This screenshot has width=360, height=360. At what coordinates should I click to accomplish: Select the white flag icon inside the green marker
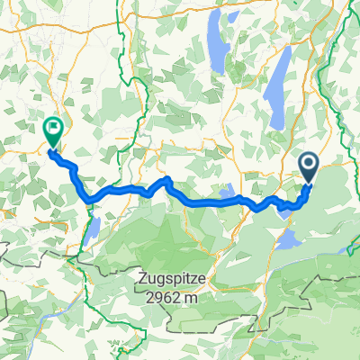[x=53, y=128]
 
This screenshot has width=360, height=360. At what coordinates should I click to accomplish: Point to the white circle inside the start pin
[x=309, y=162]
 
